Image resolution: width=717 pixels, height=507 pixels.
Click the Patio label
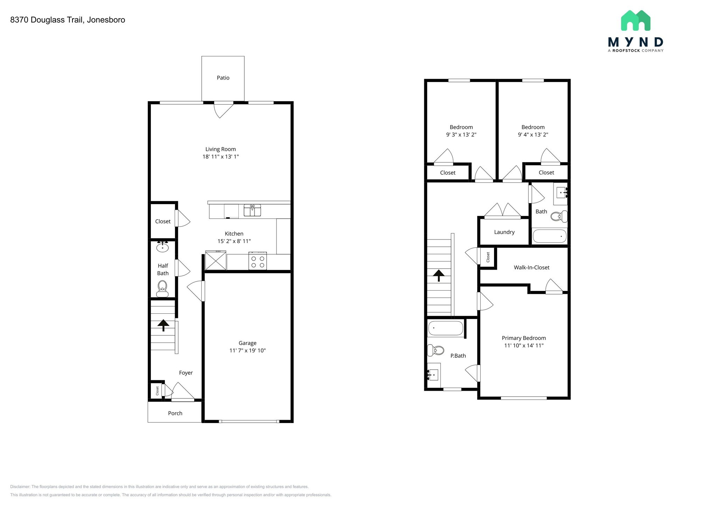tap(223, 78)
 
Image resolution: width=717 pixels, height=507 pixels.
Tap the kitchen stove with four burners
tap(258, 262)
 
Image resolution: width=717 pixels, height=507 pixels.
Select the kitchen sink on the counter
tap(252, 211)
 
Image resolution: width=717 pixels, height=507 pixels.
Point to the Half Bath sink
tap(162, 247)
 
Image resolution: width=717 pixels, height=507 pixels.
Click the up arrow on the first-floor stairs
tap(163, 325)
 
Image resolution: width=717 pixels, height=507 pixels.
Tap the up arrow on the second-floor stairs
tap(439, 276)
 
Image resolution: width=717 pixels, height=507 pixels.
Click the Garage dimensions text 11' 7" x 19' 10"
tap(248, 350)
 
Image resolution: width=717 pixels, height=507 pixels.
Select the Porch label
tap(175, 413)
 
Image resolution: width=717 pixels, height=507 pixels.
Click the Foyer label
tap(186, 373)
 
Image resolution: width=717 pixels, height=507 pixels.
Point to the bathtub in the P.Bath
tap(446, 328)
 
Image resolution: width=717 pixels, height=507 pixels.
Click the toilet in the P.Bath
tap(436, 350)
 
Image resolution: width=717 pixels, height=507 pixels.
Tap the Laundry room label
tap(504, 232)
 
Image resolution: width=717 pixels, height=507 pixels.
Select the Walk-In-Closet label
tap(531, 268)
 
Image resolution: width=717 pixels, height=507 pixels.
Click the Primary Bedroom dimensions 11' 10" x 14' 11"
tap(524, 346)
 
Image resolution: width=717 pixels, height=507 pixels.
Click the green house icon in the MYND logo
tap(635, 21)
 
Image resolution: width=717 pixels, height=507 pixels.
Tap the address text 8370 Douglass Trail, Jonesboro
tap(68, 20)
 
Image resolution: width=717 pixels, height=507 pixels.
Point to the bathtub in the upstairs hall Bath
tap(549, 236)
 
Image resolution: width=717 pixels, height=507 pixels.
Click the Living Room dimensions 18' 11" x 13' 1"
tap(221, 157)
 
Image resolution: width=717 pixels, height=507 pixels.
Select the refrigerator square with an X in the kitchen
tap(216, 261)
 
